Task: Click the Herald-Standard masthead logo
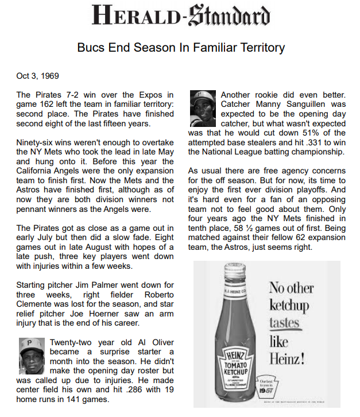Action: pos(180,16)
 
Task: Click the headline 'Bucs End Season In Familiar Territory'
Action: pos(180,47)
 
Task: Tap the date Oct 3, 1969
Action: pos(37,76)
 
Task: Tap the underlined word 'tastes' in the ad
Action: pos(284,322)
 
